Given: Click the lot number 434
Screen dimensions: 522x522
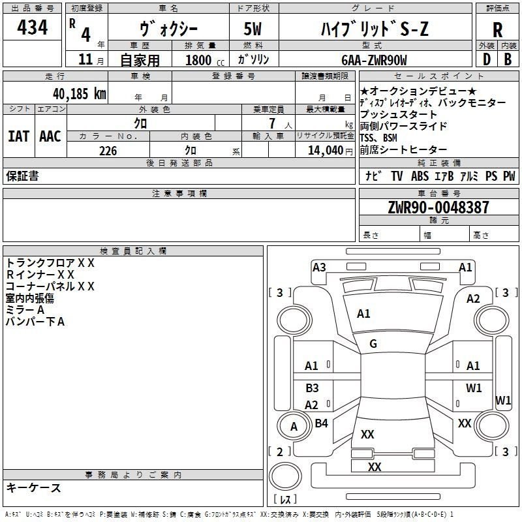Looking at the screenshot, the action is click(32, 27).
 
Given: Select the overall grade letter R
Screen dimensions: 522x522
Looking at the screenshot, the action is click(497, 30).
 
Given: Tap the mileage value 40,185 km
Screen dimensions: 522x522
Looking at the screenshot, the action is click(79, 93).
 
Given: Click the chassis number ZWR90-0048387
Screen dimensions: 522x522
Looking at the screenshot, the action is click(438, 207).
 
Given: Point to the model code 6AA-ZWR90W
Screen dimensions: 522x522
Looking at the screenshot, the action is click(374, 60).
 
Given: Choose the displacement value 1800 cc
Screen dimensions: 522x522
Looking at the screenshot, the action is click(205, 60).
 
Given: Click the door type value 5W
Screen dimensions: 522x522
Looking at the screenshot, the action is click(253, 29).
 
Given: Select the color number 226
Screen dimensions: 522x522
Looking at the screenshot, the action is click(108, 151).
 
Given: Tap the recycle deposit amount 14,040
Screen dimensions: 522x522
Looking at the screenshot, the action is click(326, 151).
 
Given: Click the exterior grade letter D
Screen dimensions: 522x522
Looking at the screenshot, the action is click(487, 59).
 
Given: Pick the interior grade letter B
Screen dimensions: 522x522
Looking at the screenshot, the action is click(508, 59).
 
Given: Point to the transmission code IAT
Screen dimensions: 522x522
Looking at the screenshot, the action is click(19, 136).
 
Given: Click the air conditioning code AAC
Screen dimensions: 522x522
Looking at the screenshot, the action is click(50, 136).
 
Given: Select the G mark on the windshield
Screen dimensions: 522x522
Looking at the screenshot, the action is click(373, 344).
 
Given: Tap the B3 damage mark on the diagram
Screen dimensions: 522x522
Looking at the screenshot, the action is click(313, 388).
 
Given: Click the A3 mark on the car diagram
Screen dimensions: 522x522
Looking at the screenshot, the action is click(319, 268).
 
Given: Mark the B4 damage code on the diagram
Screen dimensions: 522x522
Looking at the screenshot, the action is click(321, 423).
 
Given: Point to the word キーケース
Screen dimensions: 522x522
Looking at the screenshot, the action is click(33, 488).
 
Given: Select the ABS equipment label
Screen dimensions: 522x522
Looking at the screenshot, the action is click(420, 176).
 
